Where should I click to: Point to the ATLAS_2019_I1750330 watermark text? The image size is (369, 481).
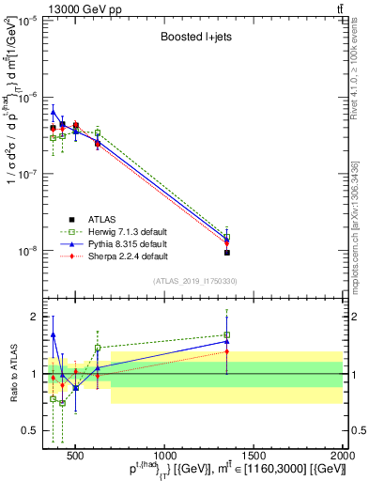[x=194, y=281]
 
